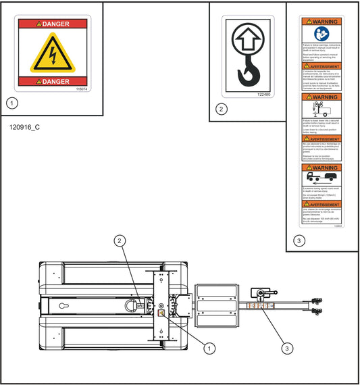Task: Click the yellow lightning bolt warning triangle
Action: coord(53,54)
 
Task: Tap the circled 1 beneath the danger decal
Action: coord(11,103)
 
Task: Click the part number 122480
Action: coord(263,95)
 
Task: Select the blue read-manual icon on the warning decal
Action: coord(322,33)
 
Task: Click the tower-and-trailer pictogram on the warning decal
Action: coord(322,108)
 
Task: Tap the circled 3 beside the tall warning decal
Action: coord(299,240)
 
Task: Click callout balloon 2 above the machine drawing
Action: coord(120,240)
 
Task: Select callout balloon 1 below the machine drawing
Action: coord(210,348)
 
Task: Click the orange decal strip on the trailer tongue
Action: coord(259,306)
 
